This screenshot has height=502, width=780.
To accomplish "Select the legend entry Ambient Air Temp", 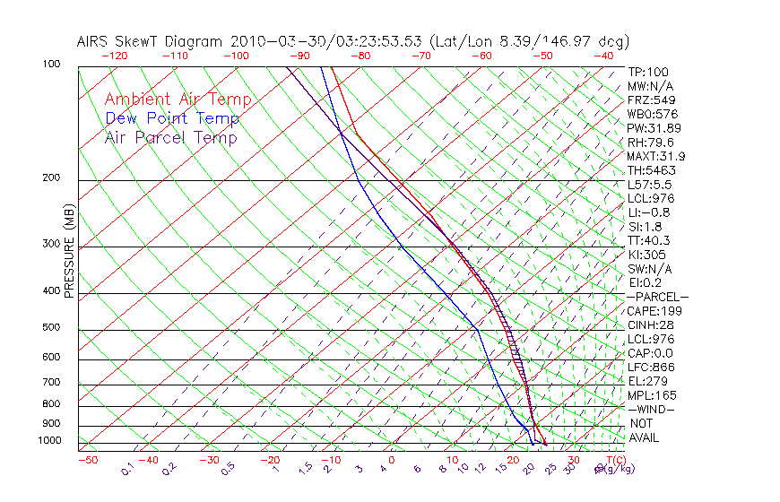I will [x=178, y=100].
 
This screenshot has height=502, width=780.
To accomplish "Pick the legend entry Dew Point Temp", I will [x=172, y=119].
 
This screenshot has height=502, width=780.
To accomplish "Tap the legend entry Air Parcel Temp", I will [x=171, y=138].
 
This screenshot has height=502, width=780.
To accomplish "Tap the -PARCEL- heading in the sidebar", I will [x=657, y=297].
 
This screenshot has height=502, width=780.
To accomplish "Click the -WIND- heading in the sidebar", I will [x=652, y=409].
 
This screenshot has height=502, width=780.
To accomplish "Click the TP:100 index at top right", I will [x=648, y=73].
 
